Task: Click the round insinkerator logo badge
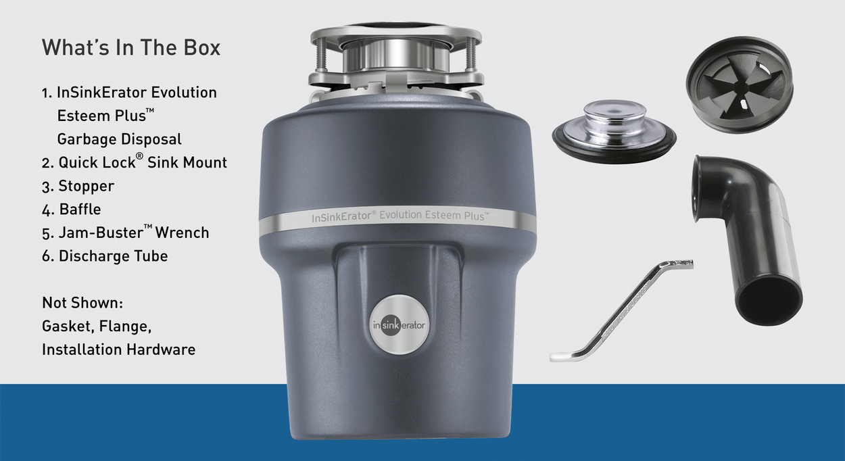click(399, 324)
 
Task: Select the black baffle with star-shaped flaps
click(740, 85)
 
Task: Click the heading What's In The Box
click(131, 47)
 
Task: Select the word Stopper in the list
click(87, 186)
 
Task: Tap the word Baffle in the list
click(80, 210)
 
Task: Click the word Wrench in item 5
click(182, 233)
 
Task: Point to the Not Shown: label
click(82, 303)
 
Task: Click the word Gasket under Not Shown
click(68, 326)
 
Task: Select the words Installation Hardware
click(119, 349)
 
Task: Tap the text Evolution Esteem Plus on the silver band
click(434, 215)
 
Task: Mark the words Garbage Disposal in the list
click(119, 139)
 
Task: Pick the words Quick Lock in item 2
click(97, 163)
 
